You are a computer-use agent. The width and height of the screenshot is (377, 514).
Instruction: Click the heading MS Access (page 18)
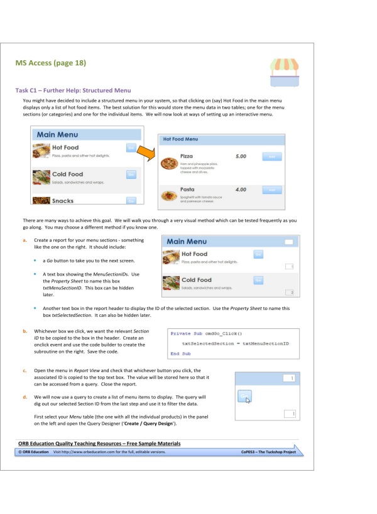(x=50, y=63)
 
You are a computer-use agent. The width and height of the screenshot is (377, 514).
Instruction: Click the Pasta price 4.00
(x=240, y=189)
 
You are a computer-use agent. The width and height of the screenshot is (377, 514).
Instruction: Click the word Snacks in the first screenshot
(x=63, y=201)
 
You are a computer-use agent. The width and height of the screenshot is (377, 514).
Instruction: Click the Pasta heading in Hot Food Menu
(x=187, y=189)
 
